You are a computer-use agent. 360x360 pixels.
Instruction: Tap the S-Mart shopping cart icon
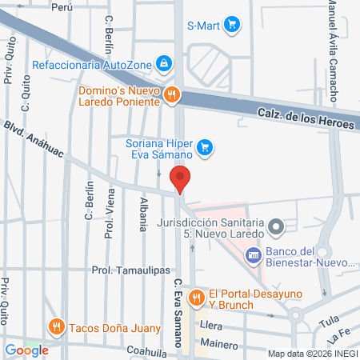[x=232, y=24]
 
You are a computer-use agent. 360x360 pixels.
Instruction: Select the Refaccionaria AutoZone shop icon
[x=163, y=62]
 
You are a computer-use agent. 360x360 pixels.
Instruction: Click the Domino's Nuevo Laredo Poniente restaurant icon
[x=171, y=96]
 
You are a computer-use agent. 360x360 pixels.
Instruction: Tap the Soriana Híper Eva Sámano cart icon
[x=205, y=146]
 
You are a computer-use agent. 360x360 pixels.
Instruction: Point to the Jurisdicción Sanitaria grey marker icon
[x=277, y=227]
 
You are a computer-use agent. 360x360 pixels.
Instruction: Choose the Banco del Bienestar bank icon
[x=253, y=255]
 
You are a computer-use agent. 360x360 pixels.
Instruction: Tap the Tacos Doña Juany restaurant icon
[x=55, y=326]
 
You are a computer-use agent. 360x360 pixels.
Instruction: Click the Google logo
[x=27, y=350]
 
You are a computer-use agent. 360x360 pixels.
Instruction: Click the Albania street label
[x=143, y=213]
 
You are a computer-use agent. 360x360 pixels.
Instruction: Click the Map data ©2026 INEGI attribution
[x=312, y=353]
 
